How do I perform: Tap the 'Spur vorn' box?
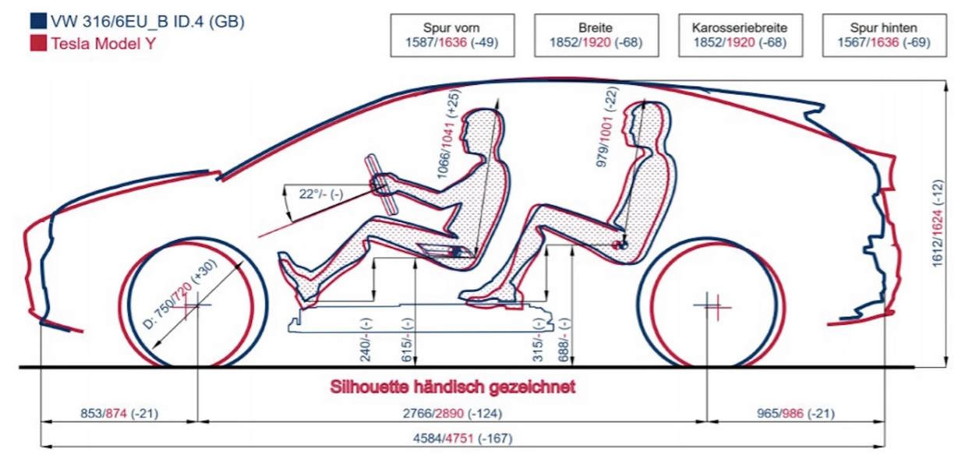pos(453,35)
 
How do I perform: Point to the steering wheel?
pos(383,182)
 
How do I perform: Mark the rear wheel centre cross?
pos(712,305)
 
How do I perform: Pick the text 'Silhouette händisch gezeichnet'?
pos(453,386)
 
